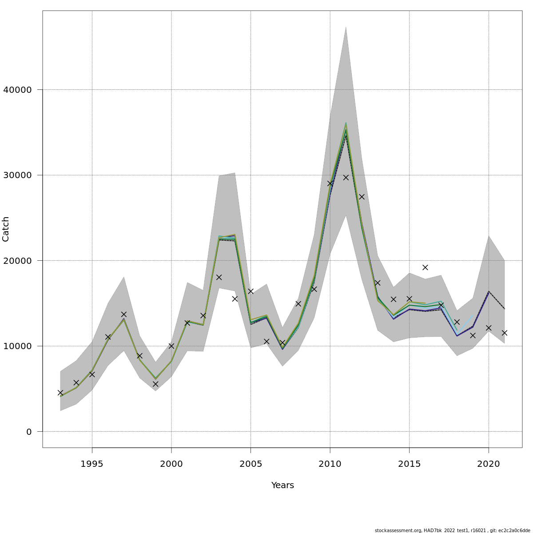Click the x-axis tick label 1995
pos(92,464)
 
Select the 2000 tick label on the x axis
pos(171,464)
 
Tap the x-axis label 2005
pos(251,464)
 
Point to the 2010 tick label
pos(330,464)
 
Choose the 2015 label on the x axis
pos(409,464)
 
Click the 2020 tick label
pos(489,464)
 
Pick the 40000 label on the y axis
pos(17,90)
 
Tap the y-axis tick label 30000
pos(17,175)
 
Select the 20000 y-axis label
pos(17,261)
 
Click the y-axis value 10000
pos(17,346)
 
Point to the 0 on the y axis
pos(29,432)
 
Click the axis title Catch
pos(6,229)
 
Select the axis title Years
pos(282,485)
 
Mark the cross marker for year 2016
pos(425,267)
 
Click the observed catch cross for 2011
pos(346,177)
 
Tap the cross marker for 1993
pos(60,393)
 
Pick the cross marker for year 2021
pos(505,333)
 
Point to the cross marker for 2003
pos(219,277)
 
